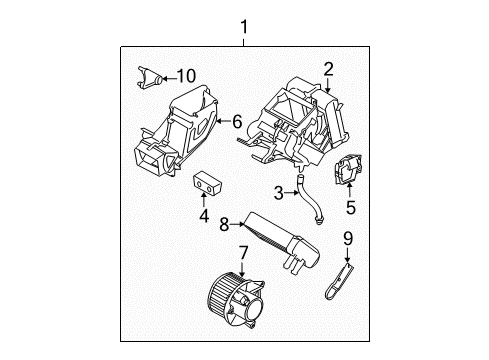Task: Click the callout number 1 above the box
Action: (x=244, y=27)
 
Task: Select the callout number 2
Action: (x=328, y=69)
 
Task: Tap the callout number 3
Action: (x=278, y=193)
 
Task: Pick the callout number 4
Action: (x=204, y=216)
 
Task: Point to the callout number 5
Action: (x=351, y=207)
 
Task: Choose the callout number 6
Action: (x=237, y=121)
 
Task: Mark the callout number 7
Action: (x=243, y=253)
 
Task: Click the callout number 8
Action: (x=224, y=224)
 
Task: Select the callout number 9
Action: (x=348, y=239)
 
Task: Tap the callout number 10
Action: (x=186, y=76)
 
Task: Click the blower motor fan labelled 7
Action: (x=236, y=300)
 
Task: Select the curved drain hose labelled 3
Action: (x=309, y=198)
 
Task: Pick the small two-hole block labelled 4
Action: (x=207, y=183)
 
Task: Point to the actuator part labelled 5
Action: (x=348, y=169)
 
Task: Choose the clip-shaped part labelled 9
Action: (x=338, y=280)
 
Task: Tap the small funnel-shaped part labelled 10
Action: (x=149, y=78)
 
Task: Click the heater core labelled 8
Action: (x=283, y=243)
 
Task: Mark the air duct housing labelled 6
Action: (x=176, y=131)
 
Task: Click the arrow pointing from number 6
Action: (x=223, y=121)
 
